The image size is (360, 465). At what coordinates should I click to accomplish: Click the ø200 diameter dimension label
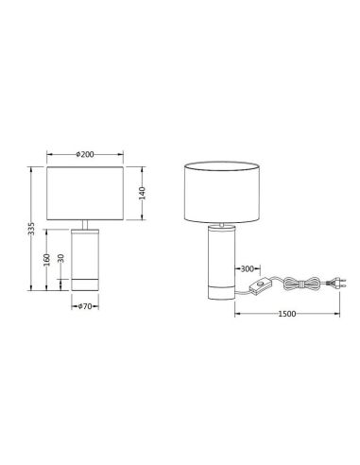click(x=86, y=153)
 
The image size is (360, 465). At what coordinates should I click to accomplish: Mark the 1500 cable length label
click(x=287, y=313)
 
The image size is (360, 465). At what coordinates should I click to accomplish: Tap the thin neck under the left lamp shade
click(x=86, y=225)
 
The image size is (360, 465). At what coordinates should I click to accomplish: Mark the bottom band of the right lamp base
click(x=223, y=286)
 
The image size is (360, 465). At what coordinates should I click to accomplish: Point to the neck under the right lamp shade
click(x=223, y=225)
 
